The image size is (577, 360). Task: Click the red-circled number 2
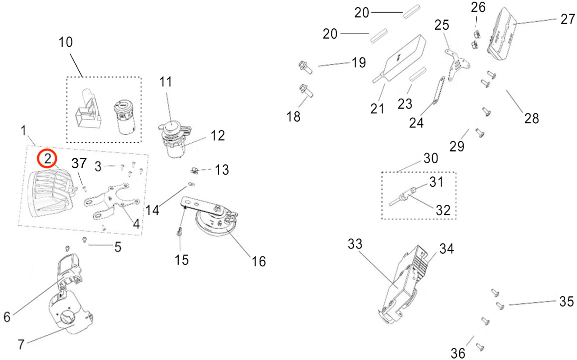tap(48, 159)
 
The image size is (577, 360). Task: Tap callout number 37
tap(79, 163)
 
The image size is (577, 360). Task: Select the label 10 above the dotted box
tap(66, 42)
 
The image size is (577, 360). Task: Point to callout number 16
tap(259, 261)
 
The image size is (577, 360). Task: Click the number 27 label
tap(568, 19)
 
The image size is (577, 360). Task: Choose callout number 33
tap(355, 243)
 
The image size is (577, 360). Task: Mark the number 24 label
tap(416, 122)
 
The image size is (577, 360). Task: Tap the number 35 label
tap(567, 301)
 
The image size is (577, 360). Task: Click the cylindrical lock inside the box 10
tap(124, 117)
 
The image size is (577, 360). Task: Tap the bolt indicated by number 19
tap(305, 67)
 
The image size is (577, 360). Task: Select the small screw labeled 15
tap(179, 231)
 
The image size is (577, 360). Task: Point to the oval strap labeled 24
tap(439, 90)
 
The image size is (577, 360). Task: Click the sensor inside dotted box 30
tap(403, 197)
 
